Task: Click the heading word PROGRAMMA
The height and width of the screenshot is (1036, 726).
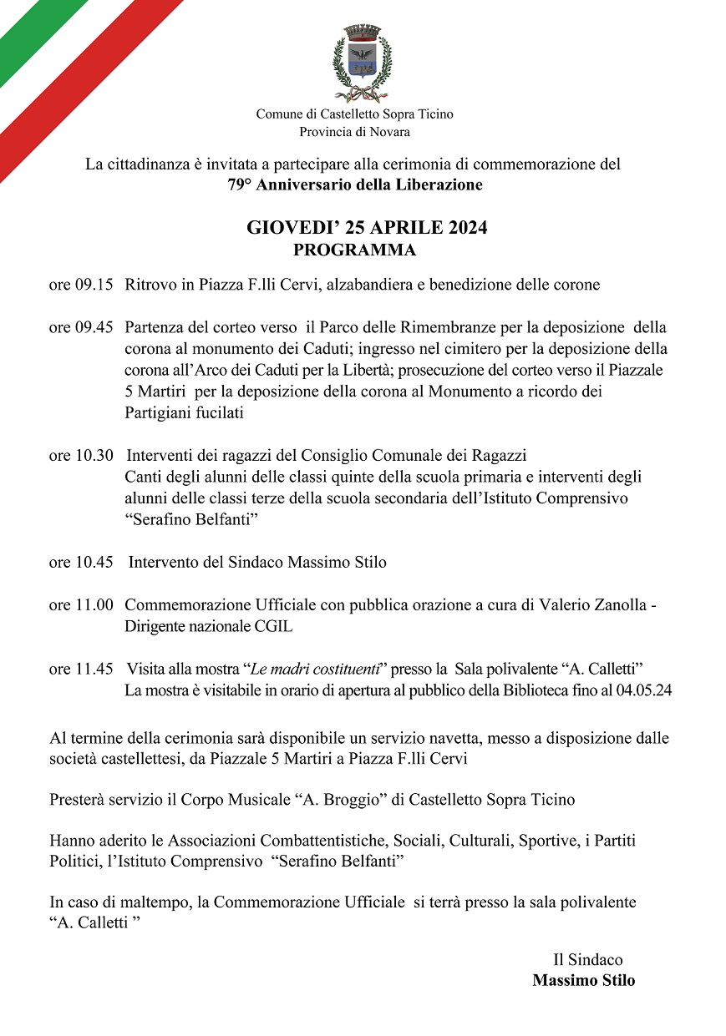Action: (354, 250)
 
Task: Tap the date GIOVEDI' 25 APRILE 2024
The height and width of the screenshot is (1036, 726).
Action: (367, 228)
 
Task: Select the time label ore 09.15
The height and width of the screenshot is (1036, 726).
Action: (81, 285)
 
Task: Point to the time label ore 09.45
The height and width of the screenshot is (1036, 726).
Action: (81, 327)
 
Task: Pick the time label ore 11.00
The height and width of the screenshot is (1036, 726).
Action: (81, 604)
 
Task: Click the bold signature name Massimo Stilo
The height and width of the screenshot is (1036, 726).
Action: (583, 980)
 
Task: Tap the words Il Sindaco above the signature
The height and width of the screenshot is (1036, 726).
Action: (587, 960)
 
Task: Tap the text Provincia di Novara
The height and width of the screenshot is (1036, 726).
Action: (354, 131)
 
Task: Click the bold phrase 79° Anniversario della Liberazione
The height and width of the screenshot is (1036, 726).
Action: (355, 184)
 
